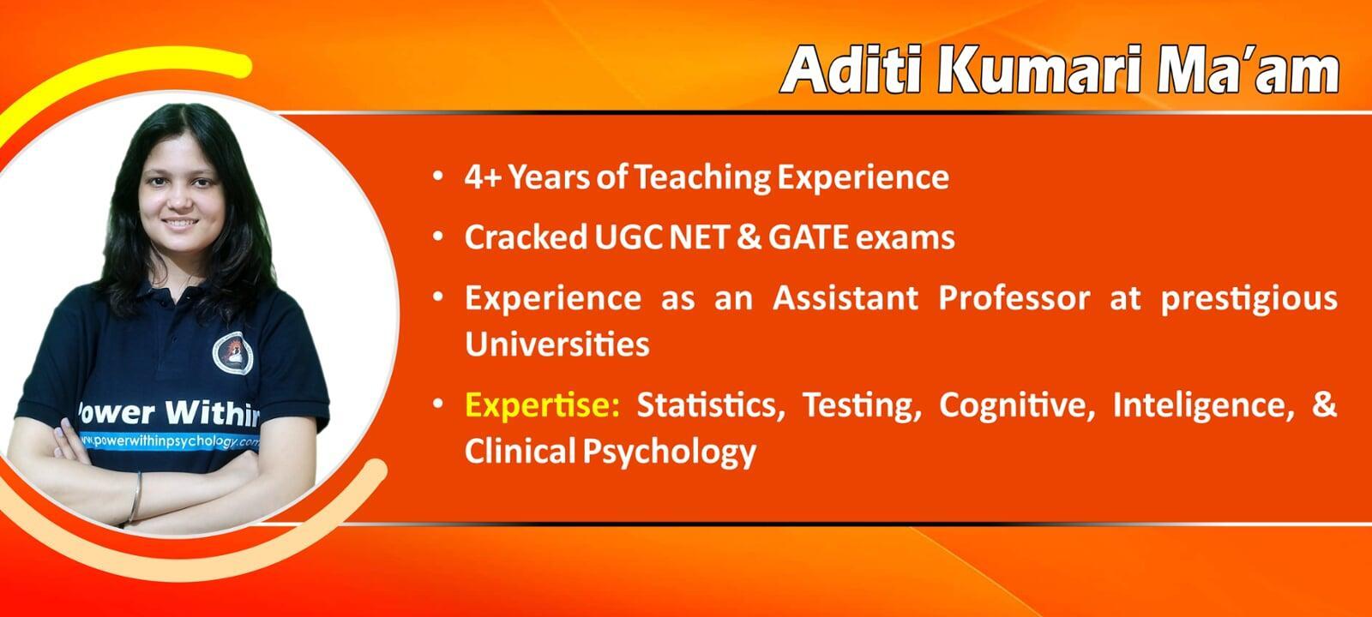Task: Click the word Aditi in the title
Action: click(x=852, y=69)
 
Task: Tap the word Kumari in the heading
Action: click(x=1038, y=69)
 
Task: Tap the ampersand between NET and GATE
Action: click(x=749, y=237)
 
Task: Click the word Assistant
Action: click(x=845, y=298)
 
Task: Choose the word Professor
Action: click(x=1014, y=298)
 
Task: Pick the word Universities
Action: click(x=557, y=344)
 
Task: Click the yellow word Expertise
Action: click(x=543, y=405)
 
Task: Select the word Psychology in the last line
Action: click(x=670, y=452)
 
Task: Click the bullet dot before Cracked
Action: click(x=438, y=237)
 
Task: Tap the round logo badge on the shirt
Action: click(x=232, y=353)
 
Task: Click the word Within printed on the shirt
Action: click(x=214, y=411)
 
